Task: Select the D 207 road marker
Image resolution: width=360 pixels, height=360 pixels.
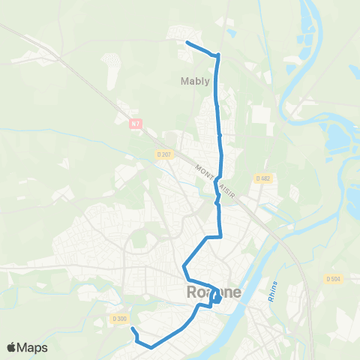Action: [164, 154]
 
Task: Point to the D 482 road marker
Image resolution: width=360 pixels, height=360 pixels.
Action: [262, 178]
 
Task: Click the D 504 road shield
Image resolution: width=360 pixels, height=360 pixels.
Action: [333, 278]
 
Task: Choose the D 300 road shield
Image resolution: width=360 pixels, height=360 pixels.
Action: [118, 319]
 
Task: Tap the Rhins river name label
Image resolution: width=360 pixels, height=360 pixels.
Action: [272, 292]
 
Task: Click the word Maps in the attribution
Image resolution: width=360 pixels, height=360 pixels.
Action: [33, 347]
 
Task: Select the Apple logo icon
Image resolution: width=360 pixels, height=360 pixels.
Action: [13, 347]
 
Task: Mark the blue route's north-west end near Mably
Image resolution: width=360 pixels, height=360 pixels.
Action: [186, 43]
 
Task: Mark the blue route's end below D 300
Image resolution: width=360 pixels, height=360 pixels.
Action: [133, 328]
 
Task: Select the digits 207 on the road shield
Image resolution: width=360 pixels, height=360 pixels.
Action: [167, 154]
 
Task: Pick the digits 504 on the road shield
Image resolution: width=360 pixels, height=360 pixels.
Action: [336, 278]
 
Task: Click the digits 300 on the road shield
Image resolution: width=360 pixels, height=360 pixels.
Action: [121, 319]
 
